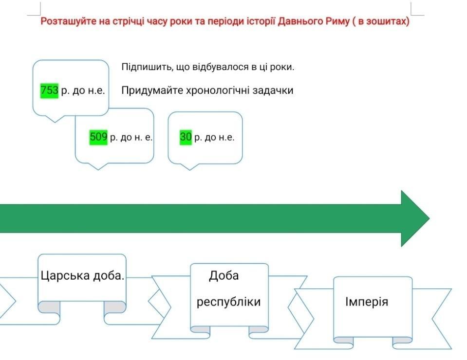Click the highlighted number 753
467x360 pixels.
click(x=49, y=90)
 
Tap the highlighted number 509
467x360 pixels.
click(x=98, y=137)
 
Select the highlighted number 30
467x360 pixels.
click(x=186, y=137)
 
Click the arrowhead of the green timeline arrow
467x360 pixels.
click(x=414, y=218)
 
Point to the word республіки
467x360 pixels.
click(x=228, y=302)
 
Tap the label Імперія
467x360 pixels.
click(x=367, y=302)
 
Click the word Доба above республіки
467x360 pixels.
click(x=224, y=276)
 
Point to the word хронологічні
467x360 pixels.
click(x=218, y=90)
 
